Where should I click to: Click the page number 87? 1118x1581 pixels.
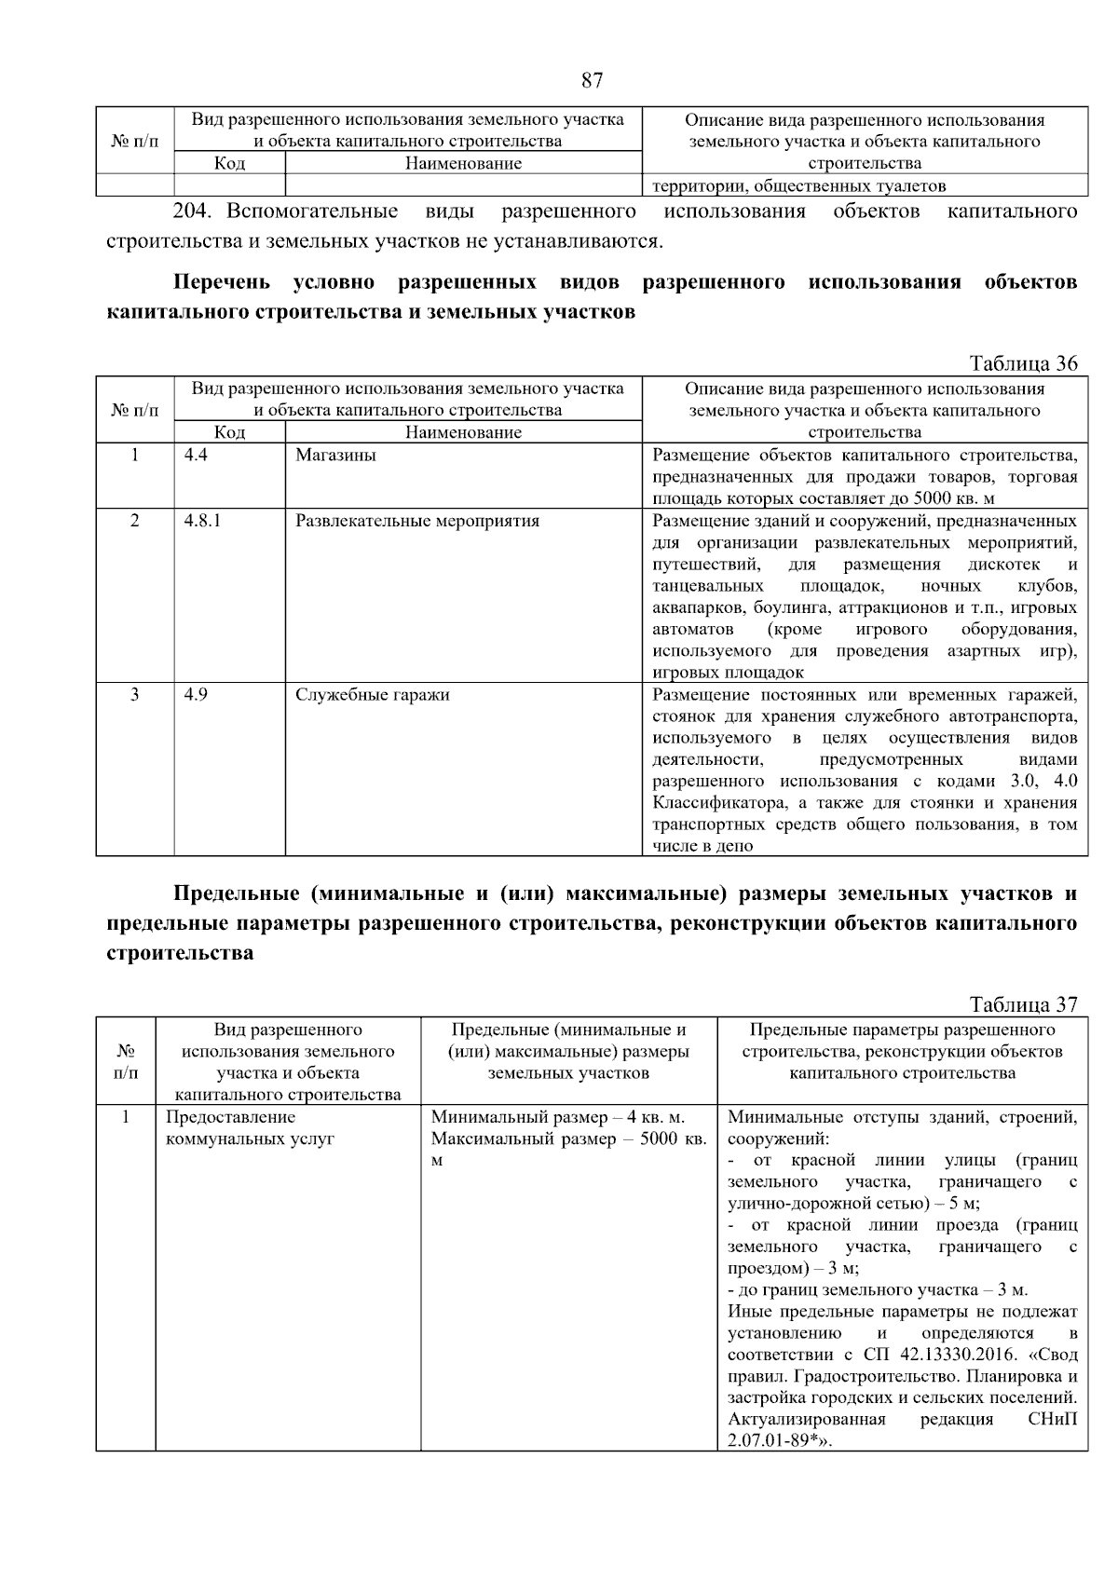click(592, 80)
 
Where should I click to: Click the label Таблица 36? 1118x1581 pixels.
click(1023, 363)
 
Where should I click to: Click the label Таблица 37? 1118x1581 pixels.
click(1023, 1004)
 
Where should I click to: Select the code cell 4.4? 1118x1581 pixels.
click(196, 456)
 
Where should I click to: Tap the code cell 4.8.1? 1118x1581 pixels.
click(202, 521)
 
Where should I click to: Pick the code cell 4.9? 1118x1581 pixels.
click(196, 695)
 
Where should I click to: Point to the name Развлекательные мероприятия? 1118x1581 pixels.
click(417, 521)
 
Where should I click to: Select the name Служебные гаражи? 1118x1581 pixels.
click(373, 695)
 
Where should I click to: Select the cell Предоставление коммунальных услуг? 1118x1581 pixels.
click(250, 1128)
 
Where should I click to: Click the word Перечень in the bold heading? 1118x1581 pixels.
click(222, 282)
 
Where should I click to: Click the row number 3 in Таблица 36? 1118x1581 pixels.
click(134, 695)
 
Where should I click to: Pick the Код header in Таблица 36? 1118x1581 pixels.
click(229, 432)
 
